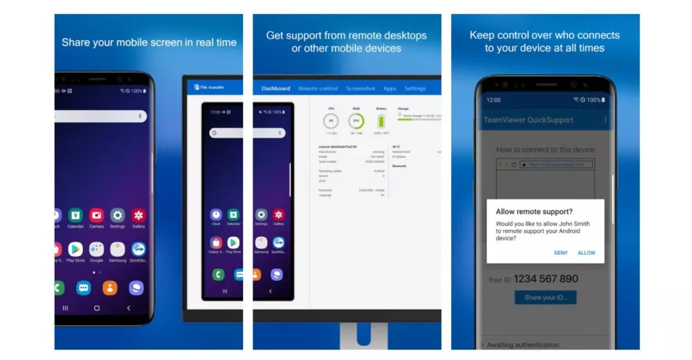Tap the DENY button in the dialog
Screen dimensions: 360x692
point(561,253)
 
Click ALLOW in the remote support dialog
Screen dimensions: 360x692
point(586,253)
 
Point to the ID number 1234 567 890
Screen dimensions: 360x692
point(543,279)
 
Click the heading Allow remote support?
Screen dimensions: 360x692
point(534,211)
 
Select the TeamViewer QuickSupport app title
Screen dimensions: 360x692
point(528,120)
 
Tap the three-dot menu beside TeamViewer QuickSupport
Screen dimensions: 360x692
point(605,120)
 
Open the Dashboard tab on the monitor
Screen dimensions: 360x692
point(275,89)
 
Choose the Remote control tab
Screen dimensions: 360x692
point(318,89)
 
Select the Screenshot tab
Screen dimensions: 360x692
point(361,89)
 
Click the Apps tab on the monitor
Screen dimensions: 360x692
point(390,89)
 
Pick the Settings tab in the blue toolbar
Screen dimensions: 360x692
point(415,89)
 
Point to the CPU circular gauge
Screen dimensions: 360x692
point(331,122)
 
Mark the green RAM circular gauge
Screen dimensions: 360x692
point(356,122)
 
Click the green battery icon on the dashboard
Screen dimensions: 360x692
point(381,121)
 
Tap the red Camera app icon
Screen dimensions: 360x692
point(96,215)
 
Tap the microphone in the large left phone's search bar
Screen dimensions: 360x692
point(140,116)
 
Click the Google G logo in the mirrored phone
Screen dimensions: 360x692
point(215,132)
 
